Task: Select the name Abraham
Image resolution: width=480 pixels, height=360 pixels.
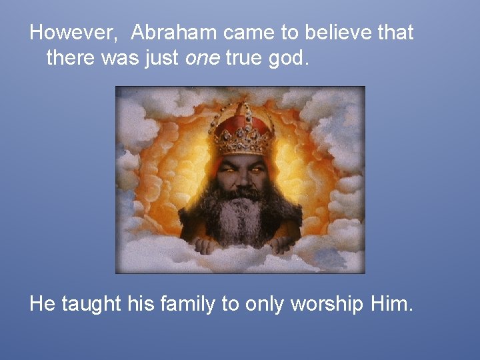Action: tap(175, 33)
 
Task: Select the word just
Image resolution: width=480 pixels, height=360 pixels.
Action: tap(161, 59)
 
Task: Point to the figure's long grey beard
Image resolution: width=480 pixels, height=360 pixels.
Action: tap(241, 217)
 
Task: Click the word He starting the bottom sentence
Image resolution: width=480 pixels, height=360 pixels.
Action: tap(42, 305)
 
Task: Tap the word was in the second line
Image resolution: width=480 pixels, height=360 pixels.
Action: tap(121, 59)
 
